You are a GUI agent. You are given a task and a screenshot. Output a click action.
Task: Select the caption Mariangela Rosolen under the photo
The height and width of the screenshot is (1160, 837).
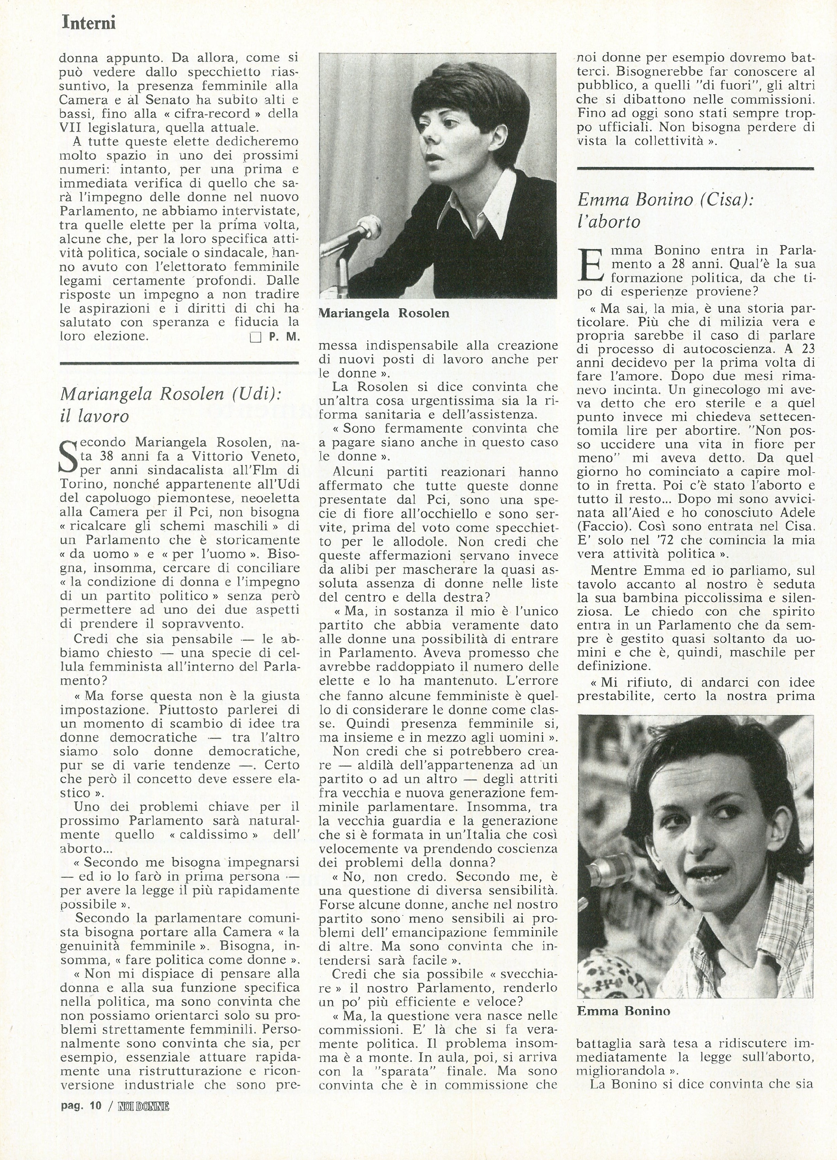pyautogui.click(x=384, y=313)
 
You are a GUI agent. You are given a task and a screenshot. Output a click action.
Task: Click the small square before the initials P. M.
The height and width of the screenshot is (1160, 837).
pyautogui.click(x=255, y=338)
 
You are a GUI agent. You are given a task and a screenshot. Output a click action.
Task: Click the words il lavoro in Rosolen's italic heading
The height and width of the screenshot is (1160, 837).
pyautogui.click(x=94, y=416)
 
